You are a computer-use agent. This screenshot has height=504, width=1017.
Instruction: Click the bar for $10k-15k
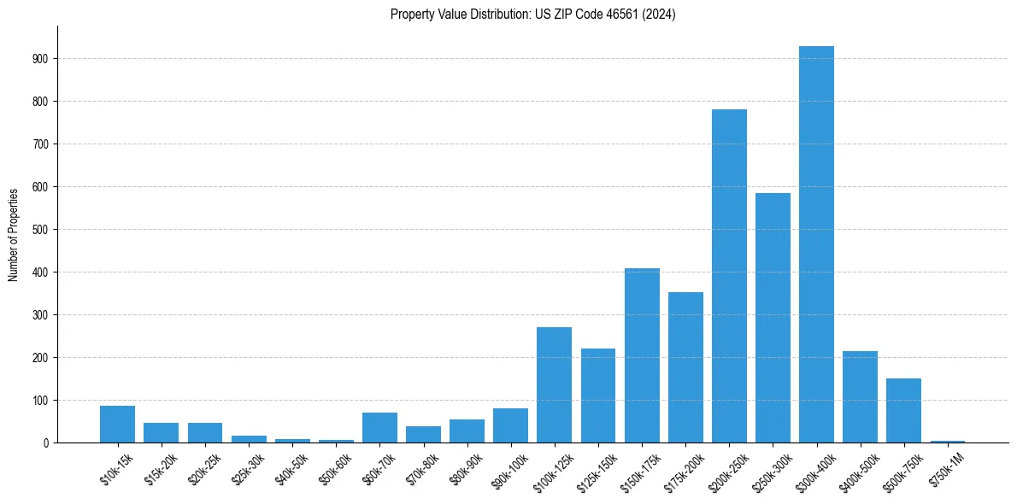click(117, 425)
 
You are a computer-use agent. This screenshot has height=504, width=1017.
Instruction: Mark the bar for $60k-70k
click(379, 428)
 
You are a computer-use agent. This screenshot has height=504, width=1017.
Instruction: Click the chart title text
click(532, 15)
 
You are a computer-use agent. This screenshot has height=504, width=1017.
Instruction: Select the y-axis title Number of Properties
click(14, 234)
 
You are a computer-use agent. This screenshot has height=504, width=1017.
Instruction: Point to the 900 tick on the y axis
click(42, 59)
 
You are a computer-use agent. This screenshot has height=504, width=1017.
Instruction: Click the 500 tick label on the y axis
click(42, 230)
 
